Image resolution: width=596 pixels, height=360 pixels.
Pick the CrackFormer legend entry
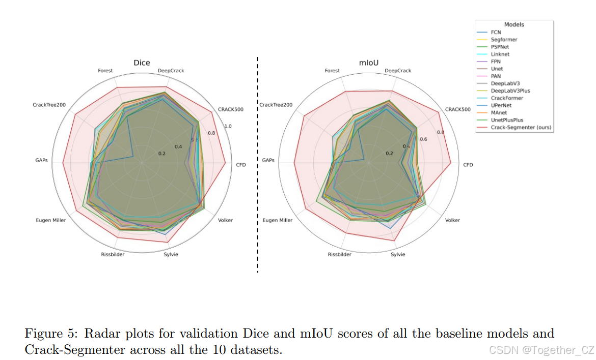click(507, 98)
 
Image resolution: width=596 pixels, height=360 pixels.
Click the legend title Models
click(514, 24)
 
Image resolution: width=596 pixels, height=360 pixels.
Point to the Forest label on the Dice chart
click(105, 71)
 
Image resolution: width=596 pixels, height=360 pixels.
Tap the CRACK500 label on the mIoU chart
click(457, 109)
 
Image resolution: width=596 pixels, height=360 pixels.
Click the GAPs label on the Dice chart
click(42, 160)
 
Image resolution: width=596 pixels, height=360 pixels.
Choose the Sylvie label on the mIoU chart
click(398, 254)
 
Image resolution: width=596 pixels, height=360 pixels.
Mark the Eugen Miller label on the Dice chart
click(50, 220)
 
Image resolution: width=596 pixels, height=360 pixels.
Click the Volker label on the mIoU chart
click(452, 220)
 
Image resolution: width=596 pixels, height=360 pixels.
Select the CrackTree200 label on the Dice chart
click(49, 105)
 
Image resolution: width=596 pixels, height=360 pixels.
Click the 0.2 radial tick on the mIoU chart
click(389, 153)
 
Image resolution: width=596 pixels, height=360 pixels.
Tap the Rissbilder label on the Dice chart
click(112, 254)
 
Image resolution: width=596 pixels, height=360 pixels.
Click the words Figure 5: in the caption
click(51, 334)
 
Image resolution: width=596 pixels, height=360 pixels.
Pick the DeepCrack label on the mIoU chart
click(398, 71)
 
